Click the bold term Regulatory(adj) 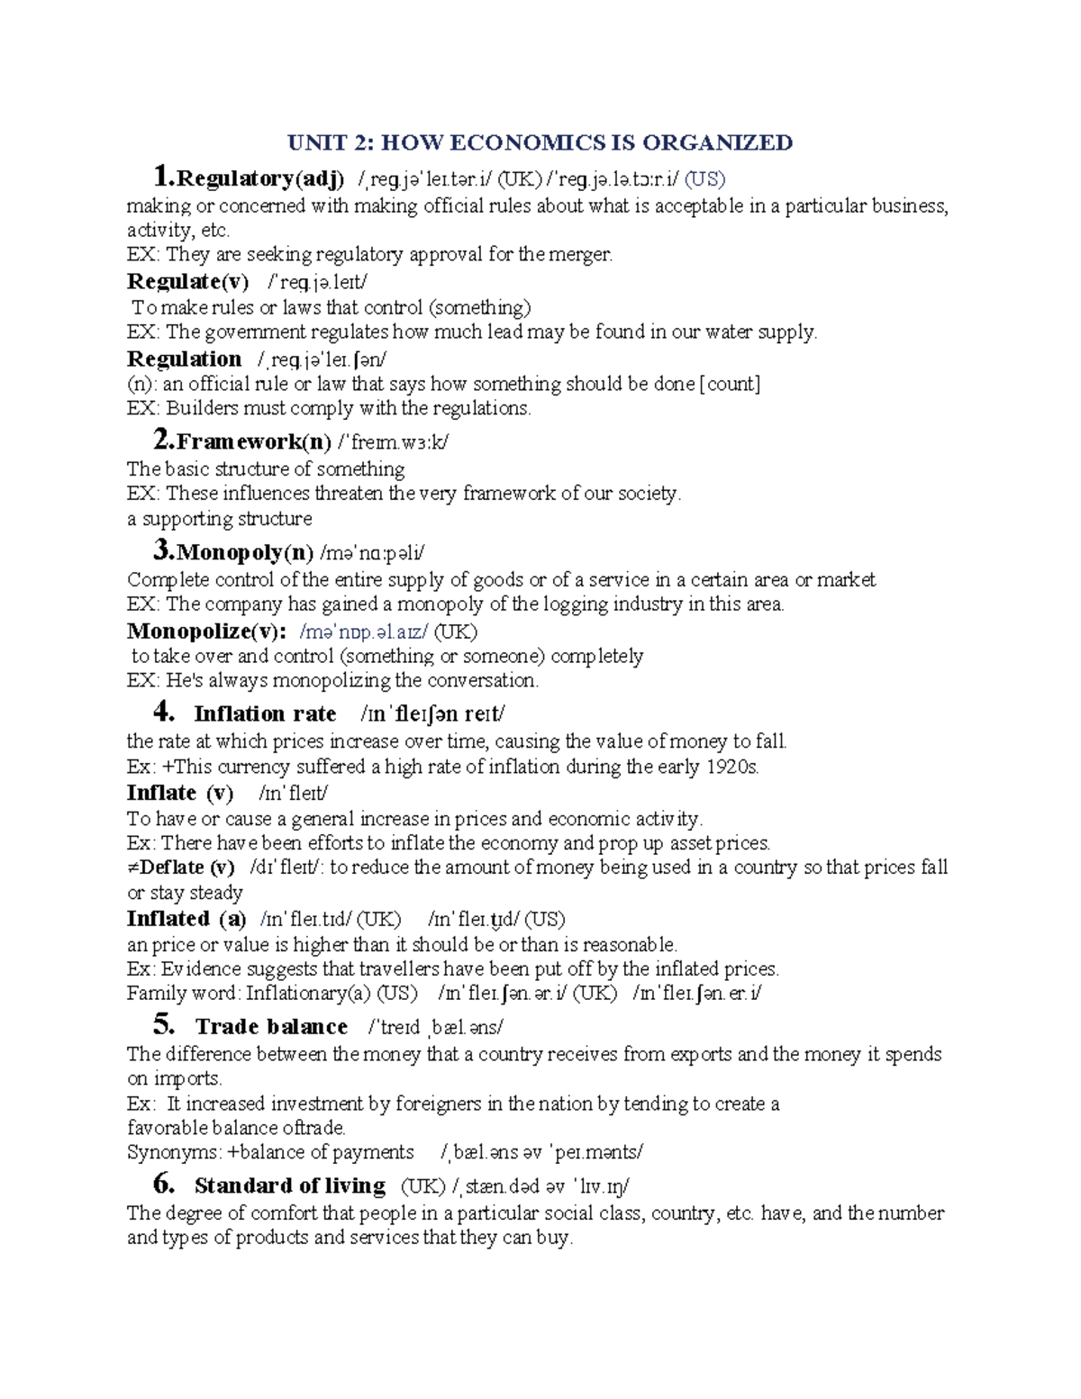point(259,178)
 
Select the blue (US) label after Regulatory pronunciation point(704,179)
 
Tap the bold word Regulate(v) point(187,281)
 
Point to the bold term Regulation point(184,359)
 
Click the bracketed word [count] point(730,384)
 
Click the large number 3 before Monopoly point(162,549)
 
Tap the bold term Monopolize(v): point(207,631)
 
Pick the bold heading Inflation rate point(265,714)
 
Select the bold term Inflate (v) point(180,793)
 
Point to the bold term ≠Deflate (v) point(180,868)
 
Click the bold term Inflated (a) point(186,919)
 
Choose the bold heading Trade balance point(271,1027)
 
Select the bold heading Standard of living point(290,1186)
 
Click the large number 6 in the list point(163,1184)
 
